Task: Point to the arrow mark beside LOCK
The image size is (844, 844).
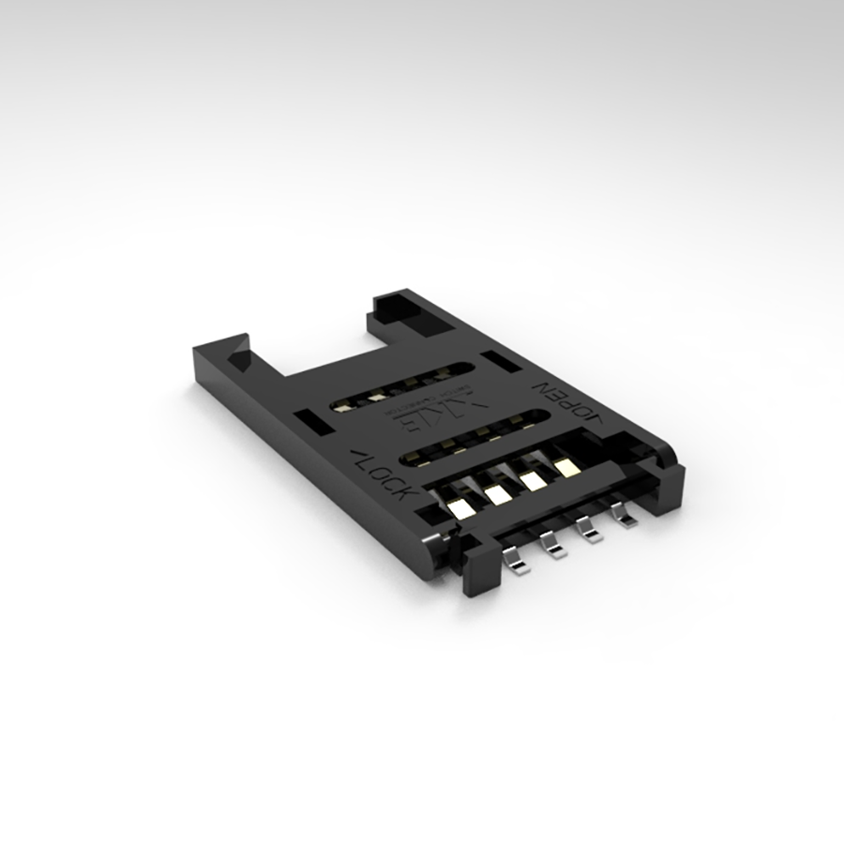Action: pyautogui.click(x=357, y=458)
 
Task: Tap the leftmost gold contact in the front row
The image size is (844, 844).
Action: pyautogui.click(x=460, y=509)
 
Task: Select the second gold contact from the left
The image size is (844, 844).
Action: pyautogui.click(x=496, y=495)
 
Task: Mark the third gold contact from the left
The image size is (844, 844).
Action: pyautogui.click(x=532, y=480)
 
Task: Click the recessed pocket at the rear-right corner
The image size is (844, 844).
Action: pyautogui.click(x=405, y=310)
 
